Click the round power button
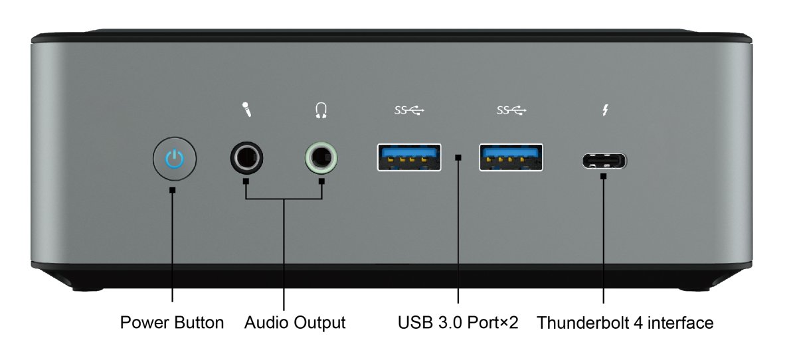[173, 159]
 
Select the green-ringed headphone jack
[321, 159]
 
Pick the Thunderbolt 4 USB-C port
[604, 161]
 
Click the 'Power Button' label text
[172, 323]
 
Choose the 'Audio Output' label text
[295, 323]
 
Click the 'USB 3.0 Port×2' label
[458, 323]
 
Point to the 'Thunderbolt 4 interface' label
[625, 323]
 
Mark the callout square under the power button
[173, 191]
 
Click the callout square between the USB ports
[458, 158]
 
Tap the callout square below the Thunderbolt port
[604, 177]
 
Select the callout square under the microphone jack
[246, 181]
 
